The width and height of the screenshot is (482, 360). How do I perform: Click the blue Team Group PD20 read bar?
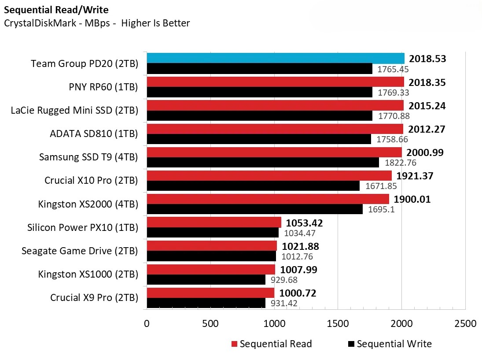point(275,58)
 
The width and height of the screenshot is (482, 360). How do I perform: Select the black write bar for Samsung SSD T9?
point(262,163)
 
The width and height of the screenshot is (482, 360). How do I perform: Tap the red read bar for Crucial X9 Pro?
point(210,293)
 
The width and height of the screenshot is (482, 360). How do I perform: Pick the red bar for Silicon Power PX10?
point(213,222)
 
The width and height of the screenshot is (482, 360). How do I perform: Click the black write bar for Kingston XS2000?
point(254,209)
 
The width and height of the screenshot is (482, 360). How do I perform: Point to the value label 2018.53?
point(427,59)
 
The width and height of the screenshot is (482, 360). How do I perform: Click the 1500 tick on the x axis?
point(338,323)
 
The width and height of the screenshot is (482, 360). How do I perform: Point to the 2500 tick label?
point(465,323)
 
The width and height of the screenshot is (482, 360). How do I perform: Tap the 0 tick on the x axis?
point(147,323)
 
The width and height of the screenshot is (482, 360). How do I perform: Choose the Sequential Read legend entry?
point(271,344)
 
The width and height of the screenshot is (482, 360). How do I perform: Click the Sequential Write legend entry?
point(390,344)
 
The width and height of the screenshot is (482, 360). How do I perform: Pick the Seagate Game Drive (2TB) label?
point(80,251)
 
